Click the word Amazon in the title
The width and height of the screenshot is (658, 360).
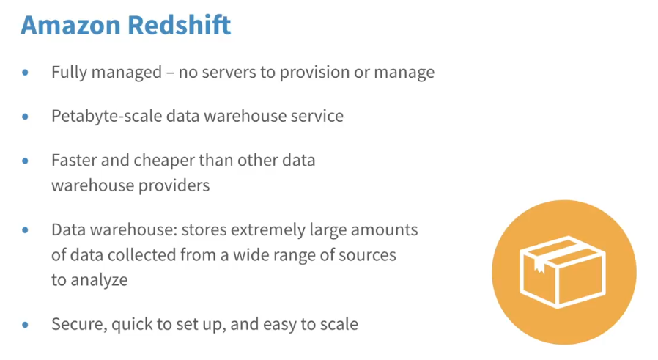pyautogui.click(x=70, y=25)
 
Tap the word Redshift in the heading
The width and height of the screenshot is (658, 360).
pyautogui.click(x=180, y=25)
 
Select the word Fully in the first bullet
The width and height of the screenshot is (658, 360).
pyautogui.click(x=69, y=73)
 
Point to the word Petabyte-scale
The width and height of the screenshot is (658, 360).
pyautogui.click(x=106, y=117)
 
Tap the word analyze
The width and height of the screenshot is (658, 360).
pyautogui.click(x=99, y=281)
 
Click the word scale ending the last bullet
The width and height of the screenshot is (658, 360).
pyautogui.click(x=339, y=325)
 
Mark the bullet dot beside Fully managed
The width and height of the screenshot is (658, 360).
pyautogui.click(x=25, y=73)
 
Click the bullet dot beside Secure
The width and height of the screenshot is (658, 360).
pyautogui.click(x=25, y=325)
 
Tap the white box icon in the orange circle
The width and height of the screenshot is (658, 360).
pyautogui.click(x=562, y=272)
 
